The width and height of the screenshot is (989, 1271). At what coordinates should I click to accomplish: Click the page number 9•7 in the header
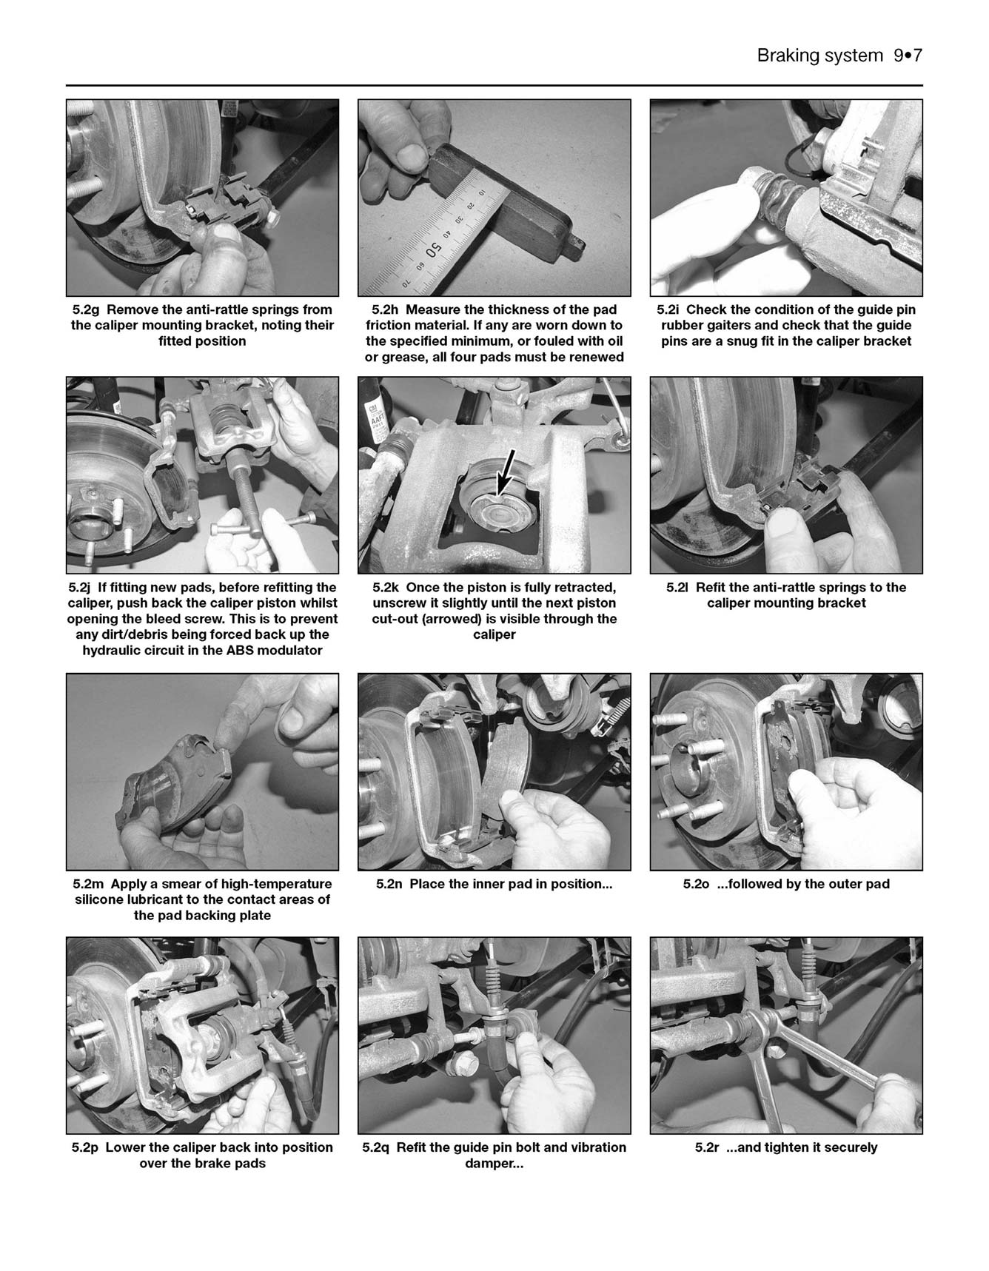(x=908, y=56)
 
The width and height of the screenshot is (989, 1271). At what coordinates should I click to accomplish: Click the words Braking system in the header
(x=819, y=56)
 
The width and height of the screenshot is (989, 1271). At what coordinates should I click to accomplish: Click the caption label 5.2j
(x=79, y=587)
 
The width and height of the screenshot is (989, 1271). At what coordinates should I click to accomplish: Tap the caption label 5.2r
(x=708, y=1147)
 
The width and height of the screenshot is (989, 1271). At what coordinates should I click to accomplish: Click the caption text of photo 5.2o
(x=786, y=884)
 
